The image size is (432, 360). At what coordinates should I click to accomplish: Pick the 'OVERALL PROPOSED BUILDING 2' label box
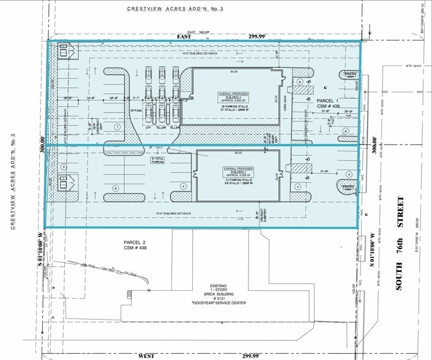click(222, 98)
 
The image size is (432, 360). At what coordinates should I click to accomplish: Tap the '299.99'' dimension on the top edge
click(256, 37)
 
